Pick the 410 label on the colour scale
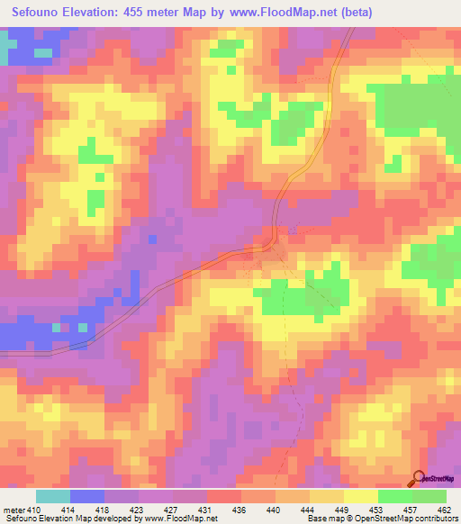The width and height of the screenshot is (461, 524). point(33,510)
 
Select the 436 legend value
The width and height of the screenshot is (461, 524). point(241,510)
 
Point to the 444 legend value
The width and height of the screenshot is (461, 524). point(310,510)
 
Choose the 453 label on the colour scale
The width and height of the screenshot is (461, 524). point(378,510)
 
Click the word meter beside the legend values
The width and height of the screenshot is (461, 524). point(14,510)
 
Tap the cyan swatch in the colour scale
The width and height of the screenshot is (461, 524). point(53,496)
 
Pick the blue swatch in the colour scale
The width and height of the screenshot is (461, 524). point(87,496)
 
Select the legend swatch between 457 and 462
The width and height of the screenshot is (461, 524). point(429,496)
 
